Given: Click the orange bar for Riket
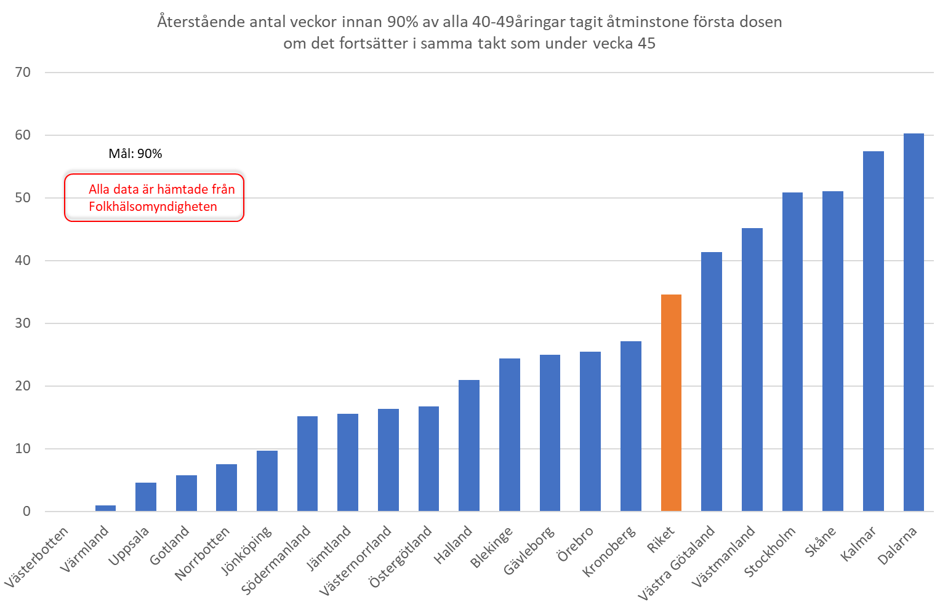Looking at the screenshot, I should [x=671, y=403].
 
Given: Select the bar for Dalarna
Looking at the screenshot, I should [x=914, y=322].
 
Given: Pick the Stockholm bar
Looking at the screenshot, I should [x=792, y=352].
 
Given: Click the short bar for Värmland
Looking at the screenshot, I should [x=105, y=508].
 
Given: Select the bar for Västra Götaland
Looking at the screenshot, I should [x=712, y=381].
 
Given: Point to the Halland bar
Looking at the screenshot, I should [x=469, y=445].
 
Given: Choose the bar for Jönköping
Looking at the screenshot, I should [x=267, y=481].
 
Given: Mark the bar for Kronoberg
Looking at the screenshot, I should [x=630, y=426].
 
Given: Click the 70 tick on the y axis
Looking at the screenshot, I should [x=23, y=73].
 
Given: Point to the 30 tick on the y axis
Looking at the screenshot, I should [x=23, y=323].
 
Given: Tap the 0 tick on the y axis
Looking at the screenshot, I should [x=26, y=512].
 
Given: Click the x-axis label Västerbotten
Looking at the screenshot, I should [x=37, y=556].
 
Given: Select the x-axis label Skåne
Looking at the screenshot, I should [x=821, y=541].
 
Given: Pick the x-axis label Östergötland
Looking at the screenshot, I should [x=401, y=556].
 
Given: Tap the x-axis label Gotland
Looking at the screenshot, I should [x=169, y=546].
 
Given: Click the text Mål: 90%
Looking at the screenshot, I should [x=135, y=154].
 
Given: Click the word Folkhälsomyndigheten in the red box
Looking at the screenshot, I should [x=153, y=207].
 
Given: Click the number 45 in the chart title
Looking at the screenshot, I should [x=646, y=44].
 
